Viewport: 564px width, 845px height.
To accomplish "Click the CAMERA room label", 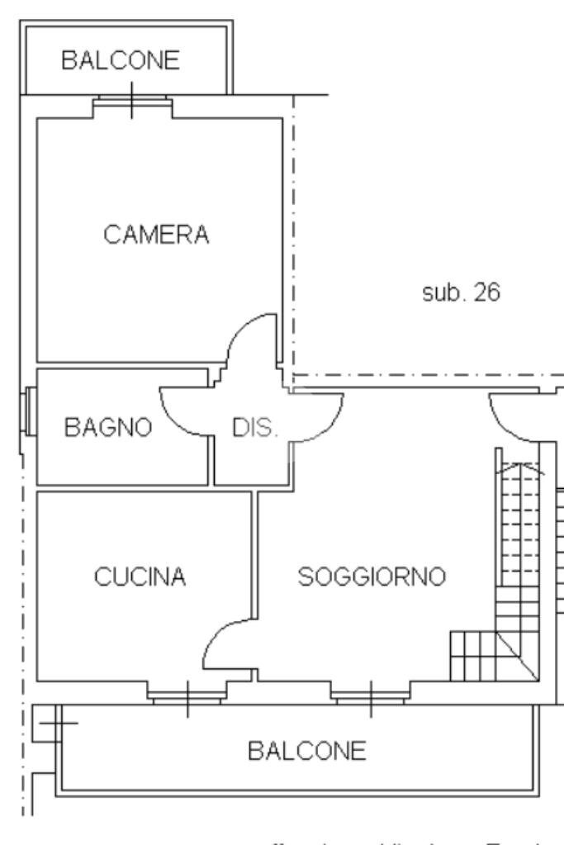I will [157, 235].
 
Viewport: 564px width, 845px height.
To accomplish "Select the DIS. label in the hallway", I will [257, 429].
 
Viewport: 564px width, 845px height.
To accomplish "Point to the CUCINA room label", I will [140, 576].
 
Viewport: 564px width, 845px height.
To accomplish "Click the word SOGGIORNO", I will [372, 576].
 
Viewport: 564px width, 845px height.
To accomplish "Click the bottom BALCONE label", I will [306, 751].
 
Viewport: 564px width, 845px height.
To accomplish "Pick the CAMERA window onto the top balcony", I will [133, 103].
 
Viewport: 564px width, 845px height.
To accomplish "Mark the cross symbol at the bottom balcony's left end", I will [57, 724].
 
